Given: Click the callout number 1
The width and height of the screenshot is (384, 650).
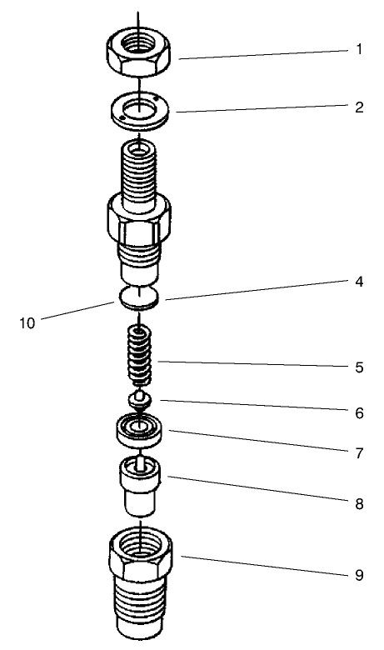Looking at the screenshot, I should coord(359,49).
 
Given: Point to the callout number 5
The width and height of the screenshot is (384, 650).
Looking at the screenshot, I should coord(359,366).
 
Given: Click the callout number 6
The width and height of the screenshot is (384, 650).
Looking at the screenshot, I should coord(359,412).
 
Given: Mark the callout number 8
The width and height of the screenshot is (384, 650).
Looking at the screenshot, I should coord(359,503).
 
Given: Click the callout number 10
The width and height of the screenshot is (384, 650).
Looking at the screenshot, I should coord(27,322).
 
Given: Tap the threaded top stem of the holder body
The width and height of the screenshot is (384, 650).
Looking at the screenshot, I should coord(140,171).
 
